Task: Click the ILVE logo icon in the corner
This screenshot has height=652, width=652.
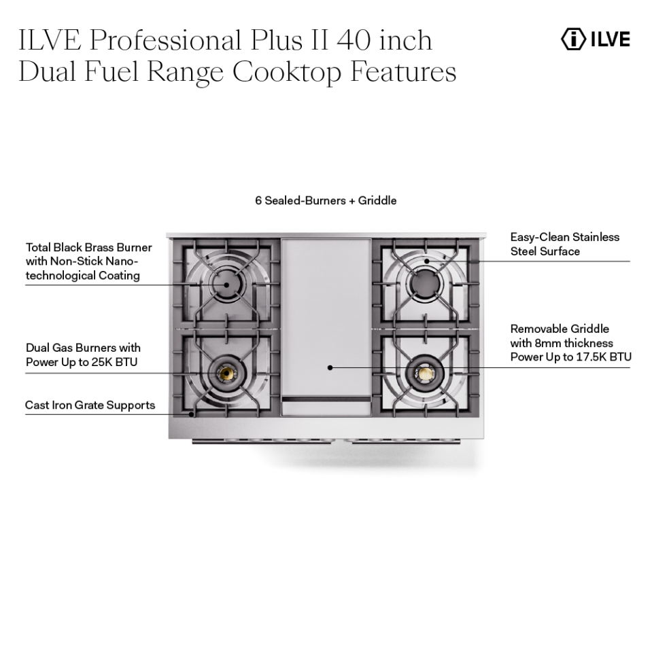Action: pos(573,39)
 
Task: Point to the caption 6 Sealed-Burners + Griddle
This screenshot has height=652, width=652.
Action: pos(326,201)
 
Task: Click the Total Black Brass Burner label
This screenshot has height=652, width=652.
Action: pos(89,247)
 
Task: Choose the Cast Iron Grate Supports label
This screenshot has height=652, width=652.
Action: pos(90,405)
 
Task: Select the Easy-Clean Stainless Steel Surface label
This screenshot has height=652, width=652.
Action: pos(565,244)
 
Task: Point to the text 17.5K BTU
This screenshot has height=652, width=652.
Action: pos(603,357)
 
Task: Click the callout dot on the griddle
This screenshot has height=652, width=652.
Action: pos(330,367)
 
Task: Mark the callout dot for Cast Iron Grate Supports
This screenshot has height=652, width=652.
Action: pos(192,413)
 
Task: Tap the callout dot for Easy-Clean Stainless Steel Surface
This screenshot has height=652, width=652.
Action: pos(427,261)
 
